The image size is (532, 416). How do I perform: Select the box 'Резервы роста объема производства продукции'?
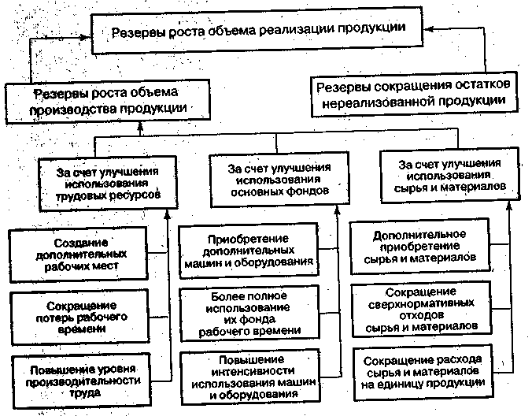tap(99, 101)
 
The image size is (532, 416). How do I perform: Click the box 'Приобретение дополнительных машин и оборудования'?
tap(257, 251)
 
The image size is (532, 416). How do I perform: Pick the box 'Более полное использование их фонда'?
tap(257, 312)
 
